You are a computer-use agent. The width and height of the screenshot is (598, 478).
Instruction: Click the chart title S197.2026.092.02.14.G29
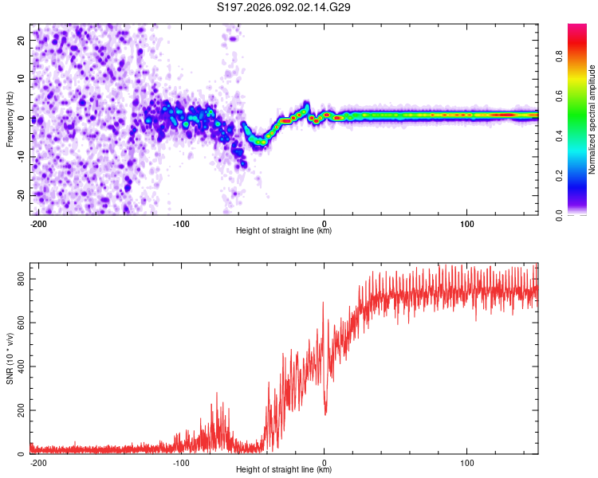pyautogui.click(x=285, y=8)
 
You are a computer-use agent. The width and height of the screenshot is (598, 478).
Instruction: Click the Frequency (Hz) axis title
pyautogui.click(x=10, y=119)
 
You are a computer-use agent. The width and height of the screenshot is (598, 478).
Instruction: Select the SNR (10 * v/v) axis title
pyautogui.click(x=10, y=358)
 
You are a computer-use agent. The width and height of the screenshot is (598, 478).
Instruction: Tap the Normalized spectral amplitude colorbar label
pyautogui.click(x=592, y=119)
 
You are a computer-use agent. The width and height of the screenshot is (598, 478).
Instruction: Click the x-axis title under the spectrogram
pyautogui.click(x=284, y=230)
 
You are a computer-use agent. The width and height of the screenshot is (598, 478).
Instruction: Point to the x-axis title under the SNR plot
pyautogui.click(x=284, y=469)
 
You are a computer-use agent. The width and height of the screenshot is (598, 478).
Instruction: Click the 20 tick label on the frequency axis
pyautogui.click(x=22, y=40)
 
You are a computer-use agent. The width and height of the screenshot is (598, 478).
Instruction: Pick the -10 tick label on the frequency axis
pyautogui.click(x=20, y=157)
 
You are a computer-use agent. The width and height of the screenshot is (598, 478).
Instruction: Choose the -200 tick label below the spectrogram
pyautogui.click(x=37, y=221)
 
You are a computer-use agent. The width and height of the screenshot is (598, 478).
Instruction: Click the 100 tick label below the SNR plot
pyautogui.click(x=466, y=460)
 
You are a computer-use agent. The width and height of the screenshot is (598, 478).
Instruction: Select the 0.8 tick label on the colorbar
pyautogui.click(x=560, y=57)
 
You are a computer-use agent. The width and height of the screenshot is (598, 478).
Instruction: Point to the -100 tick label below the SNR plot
pyautogui.click(x=180, y=460)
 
